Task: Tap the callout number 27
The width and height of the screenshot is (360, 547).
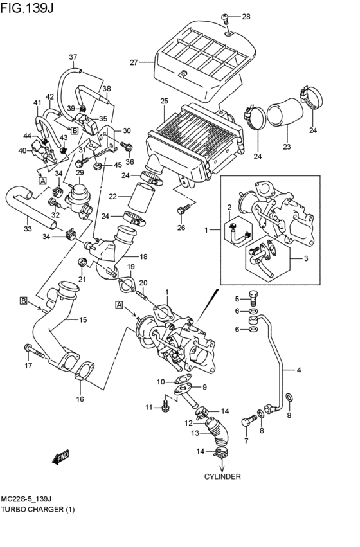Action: click(134, 62)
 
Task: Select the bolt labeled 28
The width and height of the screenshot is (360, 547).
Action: click(226, 17)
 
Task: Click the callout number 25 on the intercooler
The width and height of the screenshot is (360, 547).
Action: click(164, 101)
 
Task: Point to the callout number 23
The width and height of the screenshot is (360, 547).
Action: click(286, 147)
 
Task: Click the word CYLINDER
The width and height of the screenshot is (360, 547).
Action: click(222, 477)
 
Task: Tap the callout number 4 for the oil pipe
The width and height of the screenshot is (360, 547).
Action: click(298, 370)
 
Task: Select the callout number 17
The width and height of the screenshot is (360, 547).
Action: click(28, 367)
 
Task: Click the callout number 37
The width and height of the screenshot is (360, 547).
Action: click(73, 56)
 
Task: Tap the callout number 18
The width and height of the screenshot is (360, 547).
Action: click(144, 256)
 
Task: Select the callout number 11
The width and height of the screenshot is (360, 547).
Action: click(148, 408)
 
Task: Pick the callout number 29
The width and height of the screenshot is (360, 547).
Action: click(80, 173)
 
